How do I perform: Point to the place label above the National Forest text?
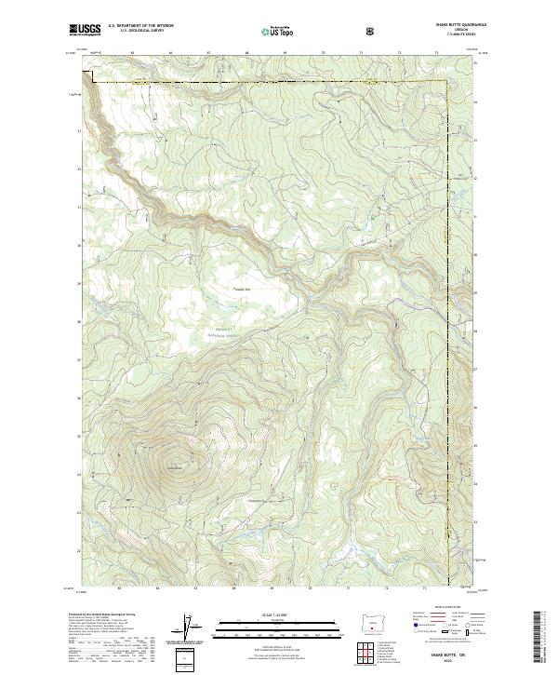[x=242, y=290]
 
